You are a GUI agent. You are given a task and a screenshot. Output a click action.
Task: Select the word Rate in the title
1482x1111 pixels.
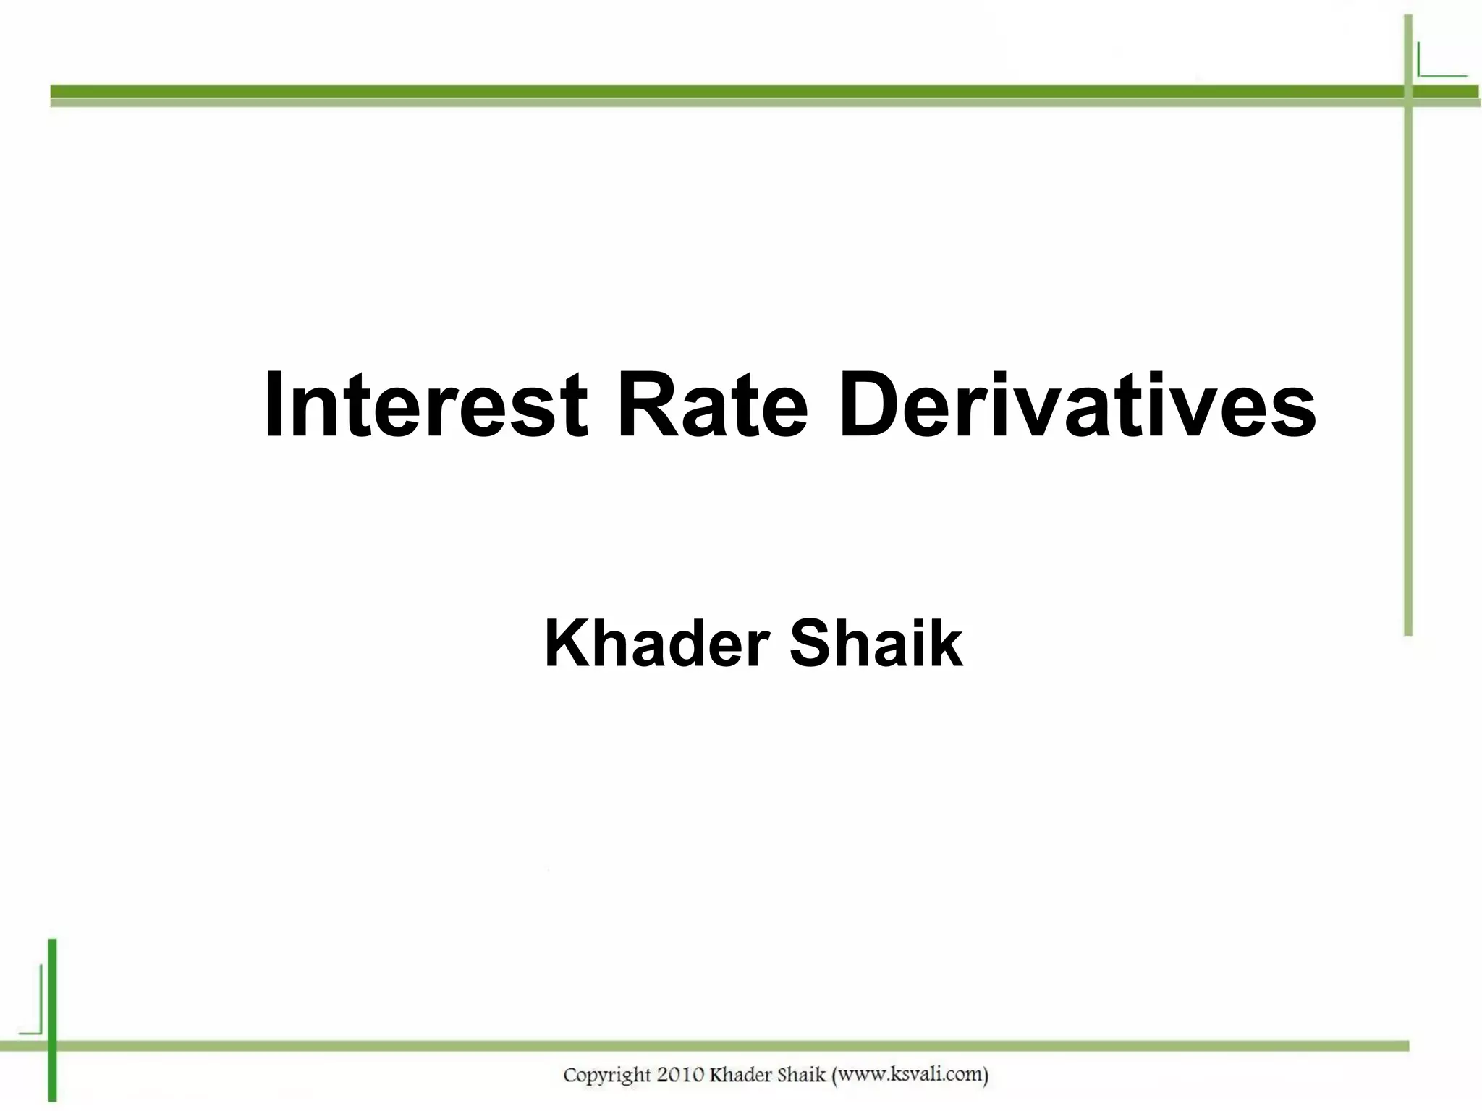point(712,405)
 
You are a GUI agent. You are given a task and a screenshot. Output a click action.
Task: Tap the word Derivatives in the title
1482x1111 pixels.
point(1077,405)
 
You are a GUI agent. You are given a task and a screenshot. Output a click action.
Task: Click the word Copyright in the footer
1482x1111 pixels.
point(607,1076)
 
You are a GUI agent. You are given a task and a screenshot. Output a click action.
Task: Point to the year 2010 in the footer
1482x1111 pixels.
point(681,1076)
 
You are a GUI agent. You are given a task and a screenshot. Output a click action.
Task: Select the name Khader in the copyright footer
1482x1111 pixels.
point(740,1075)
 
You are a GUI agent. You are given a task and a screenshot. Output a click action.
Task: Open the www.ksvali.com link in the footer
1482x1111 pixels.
point(910,1075)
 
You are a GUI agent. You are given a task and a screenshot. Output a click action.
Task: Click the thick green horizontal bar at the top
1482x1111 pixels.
point(724,92)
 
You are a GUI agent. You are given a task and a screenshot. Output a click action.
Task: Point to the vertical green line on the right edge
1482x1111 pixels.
point(1408,362)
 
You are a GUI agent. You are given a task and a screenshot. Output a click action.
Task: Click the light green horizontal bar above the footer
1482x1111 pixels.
point(724,1046)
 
